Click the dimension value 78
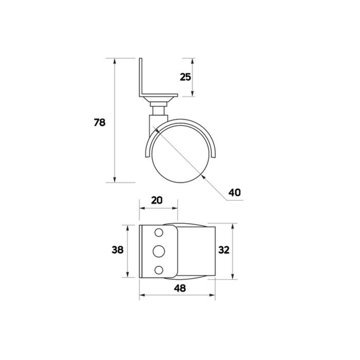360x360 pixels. pos(100,122)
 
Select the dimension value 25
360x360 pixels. pos(185,77)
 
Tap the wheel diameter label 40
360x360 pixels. pos(235,192)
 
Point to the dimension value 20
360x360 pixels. pos(157,200)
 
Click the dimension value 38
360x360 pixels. pos(118,250)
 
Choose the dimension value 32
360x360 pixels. pos(224,250)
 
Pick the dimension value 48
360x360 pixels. pos(180,288)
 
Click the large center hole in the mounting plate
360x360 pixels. pos(159,251)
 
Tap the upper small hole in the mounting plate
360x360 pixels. pos(159,232)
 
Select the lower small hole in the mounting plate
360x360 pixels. pos(159,270)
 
